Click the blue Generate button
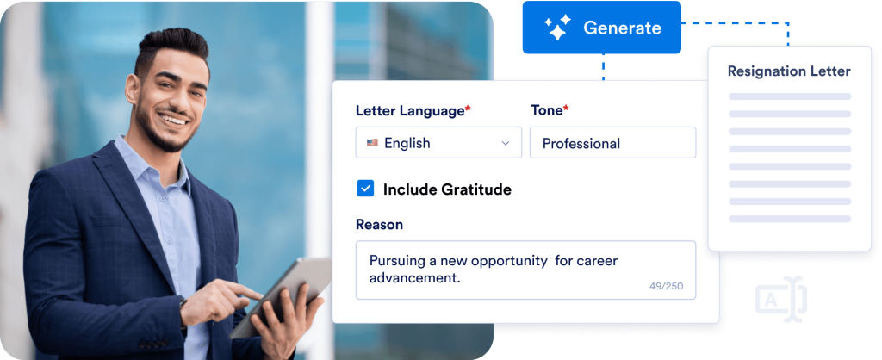[601, 28]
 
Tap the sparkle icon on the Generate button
[557, 28]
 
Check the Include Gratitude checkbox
[365, 189]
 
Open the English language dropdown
[438, 143]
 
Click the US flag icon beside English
[372, 143]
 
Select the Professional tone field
[612, 143]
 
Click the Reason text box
[525, 270]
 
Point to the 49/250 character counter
[666, 286]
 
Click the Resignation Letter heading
[789, 71]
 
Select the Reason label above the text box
[379, 225]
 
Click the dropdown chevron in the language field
[505, 144]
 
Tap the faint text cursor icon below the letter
[780, 299]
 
